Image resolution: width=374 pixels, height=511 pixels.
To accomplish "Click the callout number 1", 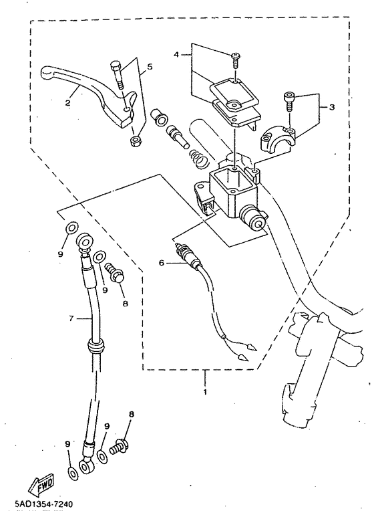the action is tap(205, 392).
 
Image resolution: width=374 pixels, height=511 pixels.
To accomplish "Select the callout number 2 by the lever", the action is tap(67, 103).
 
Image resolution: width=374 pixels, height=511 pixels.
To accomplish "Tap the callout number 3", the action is tap(332, 107).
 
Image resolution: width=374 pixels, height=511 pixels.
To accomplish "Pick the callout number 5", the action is tap(150, 67).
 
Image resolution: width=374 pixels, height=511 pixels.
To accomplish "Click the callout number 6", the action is tap(162, 262).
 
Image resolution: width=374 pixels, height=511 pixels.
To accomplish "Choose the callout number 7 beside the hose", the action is tap(71, 318).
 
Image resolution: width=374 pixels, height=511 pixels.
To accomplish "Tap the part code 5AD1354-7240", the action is tap(43, 504).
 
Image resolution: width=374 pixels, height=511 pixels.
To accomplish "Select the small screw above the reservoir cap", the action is tap(235, 61).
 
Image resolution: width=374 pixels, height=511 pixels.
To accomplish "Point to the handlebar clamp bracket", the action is tap(277, 139).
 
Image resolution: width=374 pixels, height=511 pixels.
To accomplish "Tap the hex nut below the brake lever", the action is tap(134, 141).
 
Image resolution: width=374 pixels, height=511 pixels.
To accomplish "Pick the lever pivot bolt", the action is tap(117, 76).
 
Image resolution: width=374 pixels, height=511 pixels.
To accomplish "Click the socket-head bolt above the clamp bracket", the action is tap(289, 102).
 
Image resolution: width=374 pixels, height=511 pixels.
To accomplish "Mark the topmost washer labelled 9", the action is tap(72, 228).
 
